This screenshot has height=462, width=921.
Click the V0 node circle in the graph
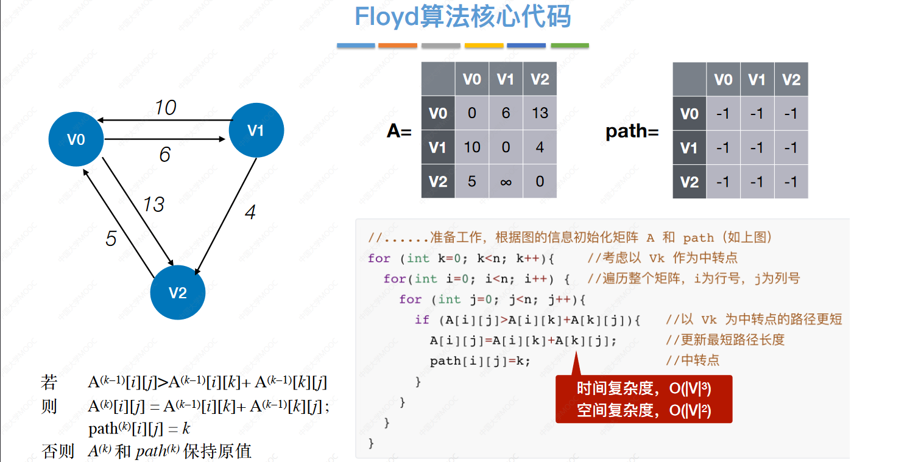(x=76, y=139)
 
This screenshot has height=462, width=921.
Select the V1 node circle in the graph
(x=256, y=130)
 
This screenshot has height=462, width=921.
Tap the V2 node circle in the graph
(x=177, y=293)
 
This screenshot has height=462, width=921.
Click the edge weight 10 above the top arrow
(x=165, y=108)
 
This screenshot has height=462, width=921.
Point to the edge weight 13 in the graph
(x=153, y=205)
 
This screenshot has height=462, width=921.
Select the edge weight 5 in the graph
(x=111, y=239)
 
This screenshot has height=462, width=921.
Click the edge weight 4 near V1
(x=250, y=212)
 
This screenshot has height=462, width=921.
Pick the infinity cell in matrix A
(x=506, y=181)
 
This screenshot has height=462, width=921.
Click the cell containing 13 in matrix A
(x=540, y=113)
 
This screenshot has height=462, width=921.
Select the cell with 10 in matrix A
(x=471, y=147)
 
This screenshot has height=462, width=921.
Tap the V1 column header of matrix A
(x=506, y=79)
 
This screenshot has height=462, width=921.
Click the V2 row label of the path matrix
(x=689, y=181)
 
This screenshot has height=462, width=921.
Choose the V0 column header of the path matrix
(x=723, y=79)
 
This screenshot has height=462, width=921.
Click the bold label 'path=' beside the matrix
(x=632, y=131)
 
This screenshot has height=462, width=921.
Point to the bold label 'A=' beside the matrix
(x=400, y=131)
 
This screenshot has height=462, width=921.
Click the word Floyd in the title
(x=387, y=17)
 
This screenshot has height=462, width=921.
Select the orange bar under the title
(x=398, y=46)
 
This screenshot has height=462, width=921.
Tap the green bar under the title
(x=570, y=46)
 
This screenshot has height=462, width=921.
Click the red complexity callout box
(x=643, y=399)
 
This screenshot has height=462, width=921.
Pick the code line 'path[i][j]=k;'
(x=480, y=361)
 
